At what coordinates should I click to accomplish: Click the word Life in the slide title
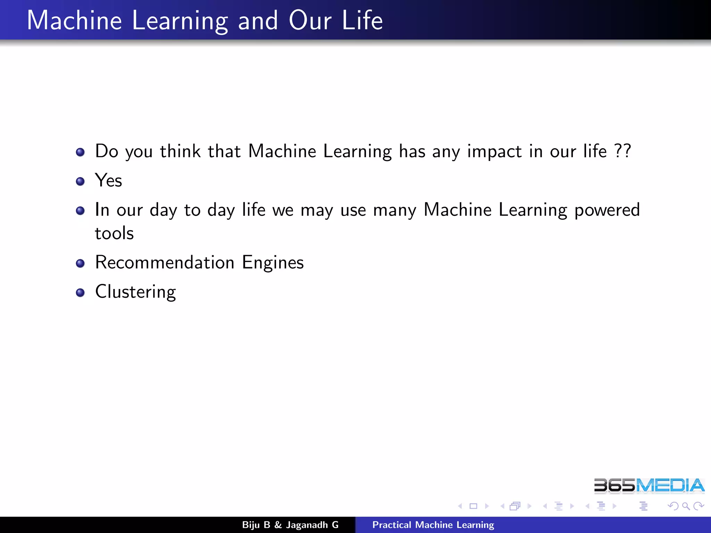(362, 20)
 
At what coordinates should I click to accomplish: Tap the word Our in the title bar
(310, 20)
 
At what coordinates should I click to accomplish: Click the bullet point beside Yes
(80, 181)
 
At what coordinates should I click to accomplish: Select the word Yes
(108, 180)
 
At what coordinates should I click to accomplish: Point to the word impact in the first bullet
(494, 152)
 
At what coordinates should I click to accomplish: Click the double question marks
(622, 151)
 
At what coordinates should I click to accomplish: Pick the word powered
(607, 210)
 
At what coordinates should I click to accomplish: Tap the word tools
(114, 233)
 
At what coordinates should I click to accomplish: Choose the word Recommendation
(165, 262)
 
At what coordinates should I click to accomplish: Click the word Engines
(273, 263)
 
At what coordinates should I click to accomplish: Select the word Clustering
(135, 292)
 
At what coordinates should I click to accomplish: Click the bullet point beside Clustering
(80, 293)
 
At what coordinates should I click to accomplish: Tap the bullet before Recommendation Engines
(80, 263)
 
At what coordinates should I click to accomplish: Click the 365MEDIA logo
(649, 485)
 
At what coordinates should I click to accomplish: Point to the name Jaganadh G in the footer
(312, 525)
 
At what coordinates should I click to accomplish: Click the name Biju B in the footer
(256, 525)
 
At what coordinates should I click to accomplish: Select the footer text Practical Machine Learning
(433, 525)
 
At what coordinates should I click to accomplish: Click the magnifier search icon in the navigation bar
(686, 506)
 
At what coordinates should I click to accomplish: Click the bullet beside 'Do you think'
(80, 152)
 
